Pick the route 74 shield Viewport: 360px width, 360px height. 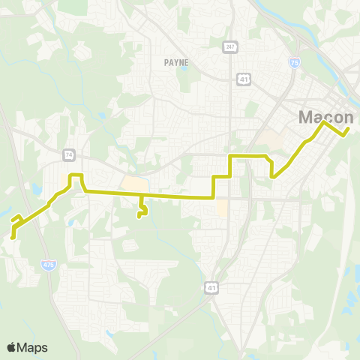click(69, 154)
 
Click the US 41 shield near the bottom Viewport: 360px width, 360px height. click(211, 287)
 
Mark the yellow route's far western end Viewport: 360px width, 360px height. click(13, 236)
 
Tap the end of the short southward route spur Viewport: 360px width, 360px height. click(139, 217)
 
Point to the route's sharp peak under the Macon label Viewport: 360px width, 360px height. click(324, 122)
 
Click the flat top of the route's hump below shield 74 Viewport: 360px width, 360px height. click(75, 175)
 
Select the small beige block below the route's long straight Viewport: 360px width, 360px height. click(221, 208)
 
